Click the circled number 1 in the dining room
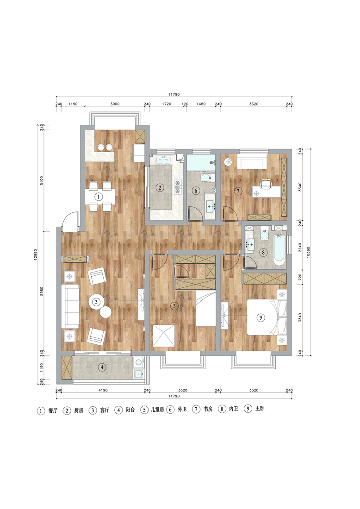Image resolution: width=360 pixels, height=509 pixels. [x=99, y=197]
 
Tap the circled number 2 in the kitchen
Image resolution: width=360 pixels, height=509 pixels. [x=160, y=187]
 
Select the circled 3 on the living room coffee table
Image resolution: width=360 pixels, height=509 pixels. [x=96, y=302]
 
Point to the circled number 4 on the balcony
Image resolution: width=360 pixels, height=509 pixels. [x=102, y=367]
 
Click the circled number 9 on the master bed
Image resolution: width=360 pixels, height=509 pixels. [x=261, y=317]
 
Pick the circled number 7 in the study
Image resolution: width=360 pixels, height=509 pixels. [x=238, y=191]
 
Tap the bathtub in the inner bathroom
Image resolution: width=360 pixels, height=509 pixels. [x=279, y=249]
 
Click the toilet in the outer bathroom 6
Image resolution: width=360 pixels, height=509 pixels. [x=206, y=177]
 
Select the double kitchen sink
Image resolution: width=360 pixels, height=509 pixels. [x=163, y=160]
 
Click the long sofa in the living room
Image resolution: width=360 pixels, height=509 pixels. [x=70, y=306]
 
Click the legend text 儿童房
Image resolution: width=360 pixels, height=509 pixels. [x=157, y=410]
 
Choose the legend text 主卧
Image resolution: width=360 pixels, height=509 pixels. [x=260, y=409]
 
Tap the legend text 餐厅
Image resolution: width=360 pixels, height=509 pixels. [x=53, y=410]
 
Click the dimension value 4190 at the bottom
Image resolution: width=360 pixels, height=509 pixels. [x=103, y=390]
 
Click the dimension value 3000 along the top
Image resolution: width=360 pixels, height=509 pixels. [x=115, y=104]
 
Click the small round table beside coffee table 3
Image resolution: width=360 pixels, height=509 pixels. [x=106, y=312]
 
